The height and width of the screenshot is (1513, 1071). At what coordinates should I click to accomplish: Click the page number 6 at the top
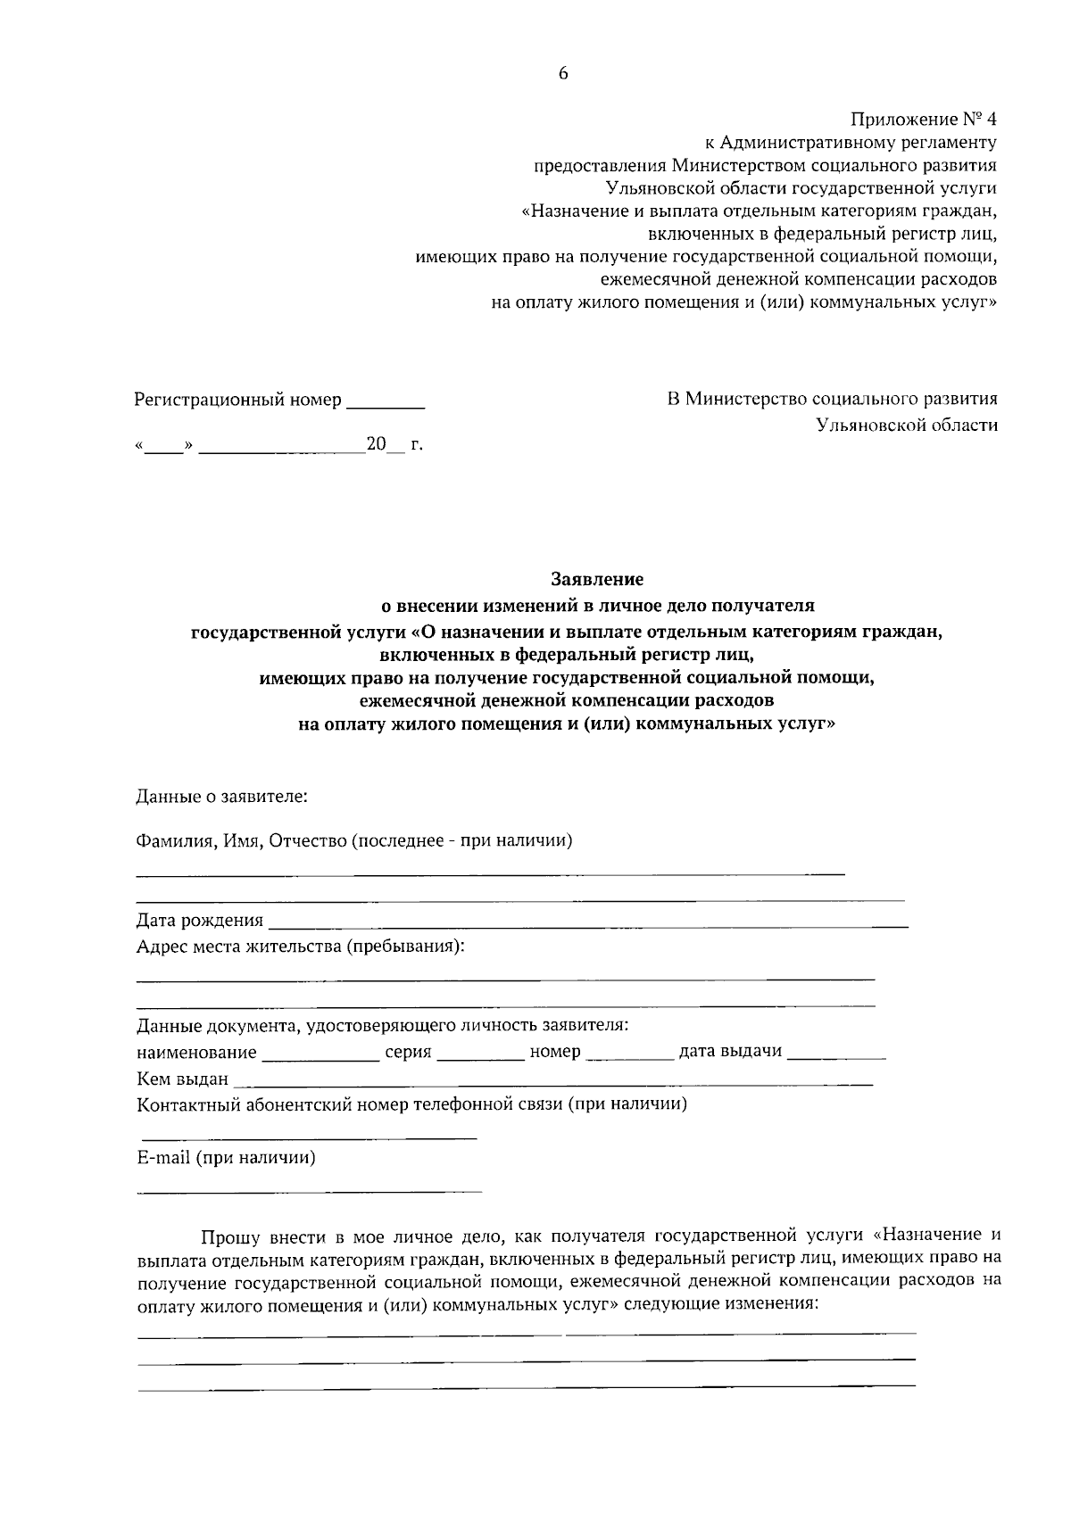(563, 74)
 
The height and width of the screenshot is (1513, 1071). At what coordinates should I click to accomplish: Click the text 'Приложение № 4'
(923, 119)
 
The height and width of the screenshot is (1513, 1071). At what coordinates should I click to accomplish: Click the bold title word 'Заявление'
(597, 580)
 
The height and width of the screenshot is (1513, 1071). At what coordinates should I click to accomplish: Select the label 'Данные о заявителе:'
(221, 796)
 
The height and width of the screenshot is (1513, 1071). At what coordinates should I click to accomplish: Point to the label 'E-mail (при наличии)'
(226, 1158)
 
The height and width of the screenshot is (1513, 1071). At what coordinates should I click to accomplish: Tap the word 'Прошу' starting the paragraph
(229, 1236)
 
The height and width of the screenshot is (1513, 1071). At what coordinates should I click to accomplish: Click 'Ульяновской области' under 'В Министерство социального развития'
(907, 426)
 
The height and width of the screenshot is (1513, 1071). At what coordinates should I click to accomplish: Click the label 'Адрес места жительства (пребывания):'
(300, 946)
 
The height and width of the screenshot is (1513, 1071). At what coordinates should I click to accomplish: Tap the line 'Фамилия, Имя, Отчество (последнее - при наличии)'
(353, 840)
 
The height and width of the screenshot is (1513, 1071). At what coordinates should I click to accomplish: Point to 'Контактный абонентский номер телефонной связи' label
(411, 1105)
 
